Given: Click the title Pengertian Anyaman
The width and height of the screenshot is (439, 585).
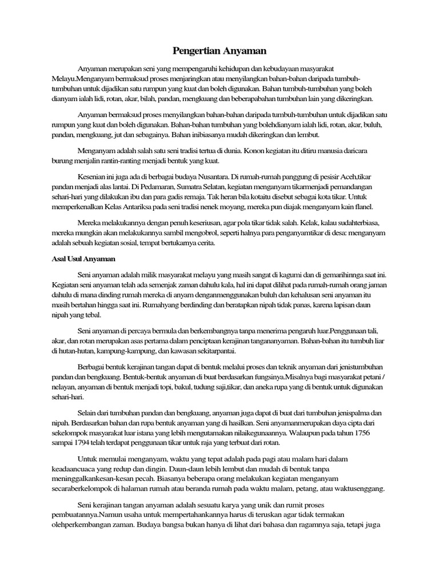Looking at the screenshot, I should [219, 51].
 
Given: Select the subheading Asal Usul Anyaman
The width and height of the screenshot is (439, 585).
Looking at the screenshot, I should [75, 258].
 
